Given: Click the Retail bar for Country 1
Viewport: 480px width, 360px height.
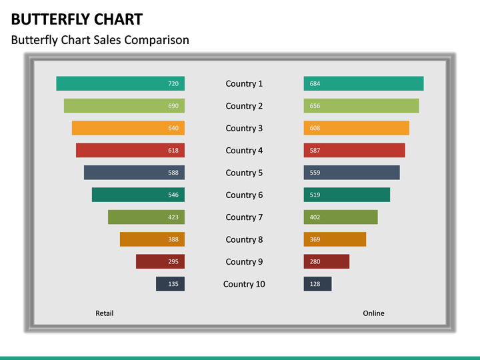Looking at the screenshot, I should point(120,83).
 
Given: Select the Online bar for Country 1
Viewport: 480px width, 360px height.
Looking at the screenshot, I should point(363,83).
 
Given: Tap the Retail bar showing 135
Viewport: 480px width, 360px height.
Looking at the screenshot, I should point(170,284).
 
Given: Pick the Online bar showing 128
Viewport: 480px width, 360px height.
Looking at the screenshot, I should point(317,284).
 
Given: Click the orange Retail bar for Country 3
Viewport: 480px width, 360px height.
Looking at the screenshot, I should point(128,128).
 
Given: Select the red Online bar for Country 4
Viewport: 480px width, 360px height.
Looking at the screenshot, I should point(354,150).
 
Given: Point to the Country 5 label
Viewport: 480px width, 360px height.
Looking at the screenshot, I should point(244,173).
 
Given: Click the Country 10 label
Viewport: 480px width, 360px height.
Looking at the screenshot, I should point(244,284).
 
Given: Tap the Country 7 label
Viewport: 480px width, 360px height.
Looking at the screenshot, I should point(244,217).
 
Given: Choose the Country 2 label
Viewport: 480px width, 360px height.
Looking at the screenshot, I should point(244,106).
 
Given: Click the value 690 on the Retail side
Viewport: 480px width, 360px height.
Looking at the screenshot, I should point(173,106).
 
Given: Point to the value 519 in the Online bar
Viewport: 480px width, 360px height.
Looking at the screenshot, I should point(315,195).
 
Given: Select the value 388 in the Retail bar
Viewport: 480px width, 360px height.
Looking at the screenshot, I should point(173,239).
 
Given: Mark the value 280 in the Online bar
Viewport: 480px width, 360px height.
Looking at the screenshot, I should point(315,262).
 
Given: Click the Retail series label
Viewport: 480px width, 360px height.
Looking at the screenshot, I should point(105,313).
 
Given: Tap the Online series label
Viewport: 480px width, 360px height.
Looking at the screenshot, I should point(373,313).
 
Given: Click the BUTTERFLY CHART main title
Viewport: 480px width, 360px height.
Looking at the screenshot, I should point(77,19).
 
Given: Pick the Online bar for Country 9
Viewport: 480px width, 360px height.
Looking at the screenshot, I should point(327,261).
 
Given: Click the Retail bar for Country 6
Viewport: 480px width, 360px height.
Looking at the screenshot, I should point(138,195).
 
